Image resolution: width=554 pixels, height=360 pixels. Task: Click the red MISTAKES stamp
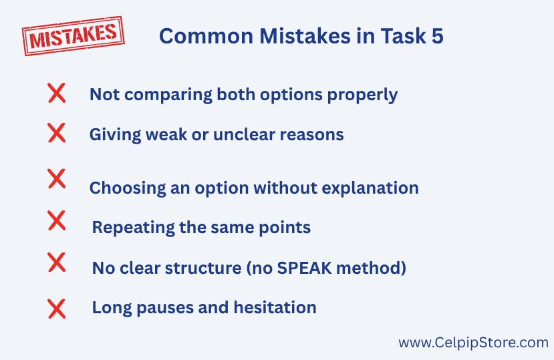point(73,35)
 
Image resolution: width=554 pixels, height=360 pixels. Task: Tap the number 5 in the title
point(438,36)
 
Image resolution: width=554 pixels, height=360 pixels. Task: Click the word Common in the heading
point(206,36)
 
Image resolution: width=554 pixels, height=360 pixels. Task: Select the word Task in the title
point(403,36)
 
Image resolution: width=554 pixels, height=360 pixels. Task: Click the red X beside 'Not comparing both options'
point(57,93)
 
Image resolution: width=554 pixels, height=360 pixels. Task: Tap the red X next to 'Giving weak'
point(57,133)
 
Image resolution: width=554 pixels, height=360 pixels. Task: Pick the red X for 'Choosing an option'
point(57,178)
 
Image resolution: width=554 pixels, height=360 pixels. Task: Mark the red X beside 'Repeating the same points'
point(57,220)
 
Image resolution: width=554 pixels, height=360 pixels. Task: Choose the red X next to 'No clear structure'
point(57,262)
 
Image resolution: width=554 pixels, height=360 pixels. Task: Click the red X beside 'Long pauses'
point(57,309)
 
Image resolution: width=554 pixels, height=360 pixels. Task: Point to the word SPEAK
point(305,268)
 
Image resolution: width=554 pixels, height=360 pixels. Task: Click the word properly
point(362,96)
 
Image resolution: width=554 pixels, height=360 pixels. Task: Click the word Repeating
point(133,228)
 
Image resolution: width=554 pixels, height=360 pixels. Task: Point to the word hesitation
point(275,307)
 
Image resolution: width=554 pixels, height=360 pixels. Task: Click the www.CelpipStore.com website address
point(473,343)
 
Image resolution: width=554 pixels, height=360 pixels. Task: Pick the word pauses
point(165,308)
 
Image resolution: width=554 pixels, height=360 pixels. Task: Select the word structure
point(203,268)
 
